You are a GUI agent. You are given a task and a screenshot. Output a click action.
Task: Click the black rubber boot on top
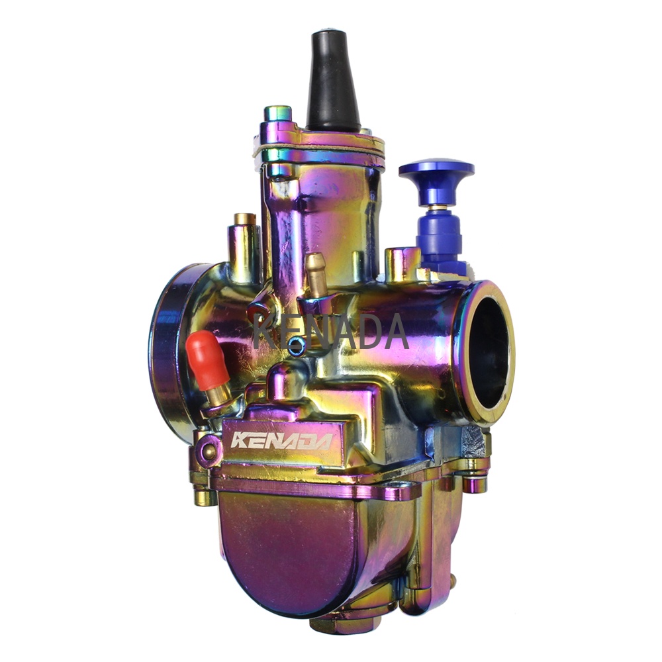(x=333, y=82)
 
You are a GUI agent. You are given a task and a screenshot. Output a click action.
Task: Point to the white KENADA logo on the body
(x=281, y=440)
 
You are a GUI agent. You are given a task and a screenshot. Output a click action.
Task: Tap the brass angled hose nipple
(x=316, y=275)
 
